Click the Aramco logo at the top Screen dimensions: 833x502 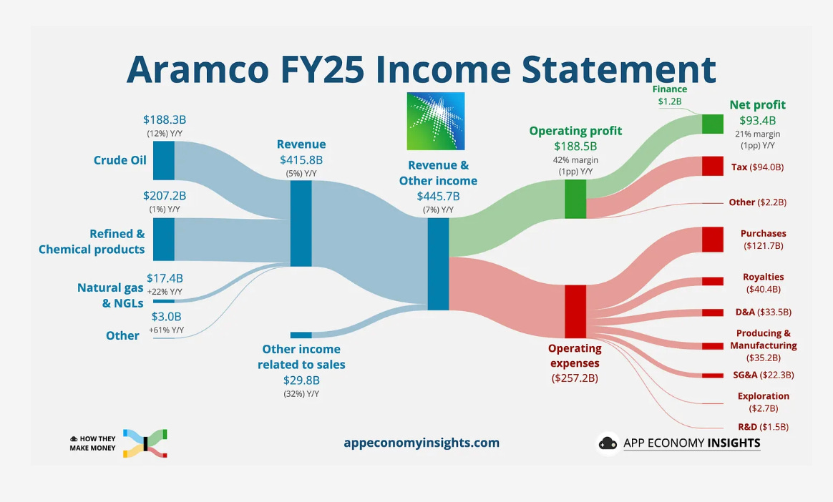[436, 122]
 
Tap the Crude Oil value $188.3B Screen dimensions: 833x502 [165, 120]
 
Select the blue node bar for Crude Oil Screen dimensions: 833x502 [164, 160]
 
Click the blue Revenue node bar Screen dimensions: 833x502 [301, 223]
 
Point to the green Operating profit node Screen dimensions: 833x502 [575, 199]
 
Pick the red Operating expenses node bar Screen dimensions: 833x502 [575, 312]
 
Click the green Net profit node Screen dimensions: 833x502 [712, 124]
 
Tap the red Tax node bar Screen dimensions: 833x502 [712, 166]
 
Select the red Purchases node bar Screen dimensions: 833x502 [712, 240]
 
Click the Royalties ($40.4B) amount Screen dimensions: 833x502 [764, 289]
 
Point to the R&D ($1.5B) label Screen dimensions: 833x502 [764, 427]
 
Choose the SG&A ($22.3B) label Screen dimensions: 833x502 [764, 375]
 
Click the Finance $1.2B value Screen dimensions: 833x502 [669, 102]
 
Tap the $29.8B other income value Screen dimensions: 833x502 [301, 380]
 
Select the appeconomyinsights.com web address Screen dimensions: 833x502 [422, 443]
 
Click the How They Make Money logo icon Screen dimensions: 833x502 [145, 443]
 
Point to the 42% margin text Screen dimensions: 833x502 [575, 159]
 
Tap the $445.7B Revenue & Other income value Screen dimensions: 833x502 [438, 197]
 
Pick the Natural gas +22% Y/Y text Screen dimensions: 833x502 [165, 291]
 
